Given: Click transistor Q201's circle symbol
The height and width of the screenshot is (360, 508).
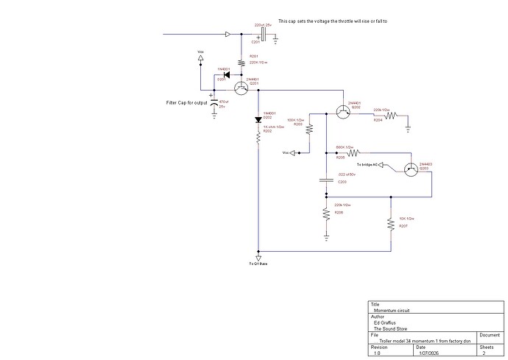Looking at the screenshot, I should tap(241, 89).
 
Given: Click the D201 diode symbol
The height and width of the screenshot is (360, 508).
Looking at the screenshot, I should tap(226, 74).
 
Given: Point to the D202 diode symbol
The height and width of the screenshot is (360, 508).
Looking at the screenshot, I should tap(258, 120).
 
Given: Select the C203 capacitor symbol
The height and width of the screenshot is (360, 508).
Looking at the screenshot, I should tap(325, 179).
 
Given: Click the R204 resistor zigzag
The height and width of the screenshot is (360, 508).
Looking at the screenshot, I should tap(389, 115).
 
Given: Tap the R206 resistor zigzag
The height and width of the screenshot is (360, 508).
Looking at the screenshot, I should tap(325, 214).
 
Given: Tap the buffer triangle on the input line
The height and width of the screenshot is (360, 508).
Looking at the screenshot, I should tap(229, 34).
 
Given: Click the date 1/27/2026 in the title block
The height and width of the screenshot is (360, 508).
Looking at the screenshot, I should tap(427, 353).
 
